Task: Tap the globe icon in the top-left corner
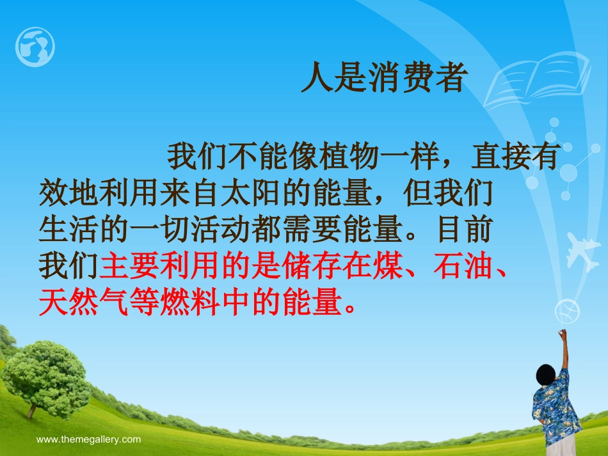35,47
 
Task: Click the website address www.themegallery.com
88,439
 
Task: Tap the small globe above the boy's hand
567,311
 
